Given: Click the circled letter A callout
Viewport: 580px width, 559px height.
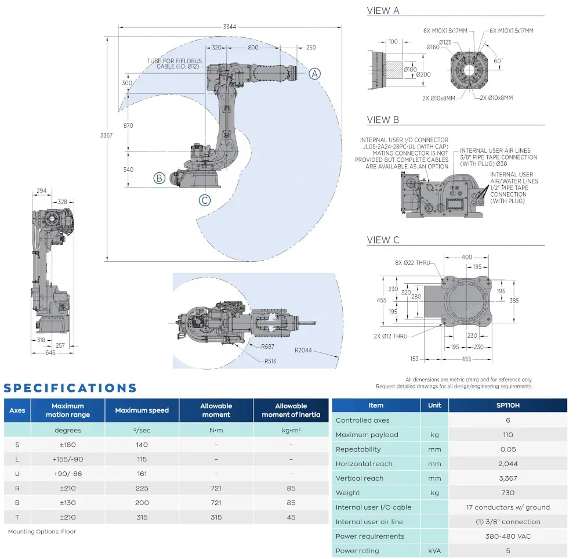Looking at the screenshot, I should point(314,74).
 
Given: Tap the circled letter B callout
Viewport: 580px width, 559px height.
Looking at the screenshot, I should point(159,178).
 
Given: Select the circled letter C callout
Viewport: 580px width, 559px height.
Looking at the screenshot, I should point(205,200).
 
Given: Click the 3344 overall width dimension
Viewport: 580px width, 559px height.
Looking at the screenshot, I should point(230,26).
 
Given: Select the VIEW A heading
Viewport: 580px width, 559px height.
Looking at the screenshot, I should point(383,10).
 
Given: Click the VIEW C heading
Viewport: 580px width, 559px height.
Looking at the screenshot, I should point(383,240).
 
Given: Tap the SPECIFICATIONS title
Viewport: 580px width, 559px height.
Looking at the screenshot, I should point(70,388).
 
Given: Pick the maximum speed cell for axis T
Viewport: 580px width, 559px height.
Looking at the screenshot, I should point(142,517).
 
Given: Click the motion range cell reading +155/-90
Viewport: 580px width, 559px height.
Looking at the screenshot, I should point(68,459).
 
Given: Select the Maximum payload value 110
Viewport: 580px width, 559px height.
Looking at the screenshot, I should point(507,435).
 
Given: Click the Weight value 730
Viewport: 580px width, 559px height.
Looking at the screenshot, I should point(507,493).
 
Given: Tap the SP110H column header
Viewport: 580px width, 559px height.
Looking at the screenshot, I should point(507,405).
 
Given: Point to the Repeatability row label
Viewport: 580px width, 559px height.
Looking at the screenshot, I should point(358,449).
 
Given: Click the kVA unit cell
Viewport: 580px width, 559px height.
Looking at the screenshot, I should point(434,551).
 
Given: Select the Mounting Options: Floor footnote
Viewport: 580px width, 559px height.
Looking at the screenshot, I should point(42,531).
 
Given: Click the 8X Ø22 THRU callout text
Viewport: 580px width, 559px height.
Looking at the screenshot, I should point(412,262).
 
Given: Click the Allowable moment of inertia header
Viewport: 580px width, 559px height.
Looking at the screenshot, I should point(291,410).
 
